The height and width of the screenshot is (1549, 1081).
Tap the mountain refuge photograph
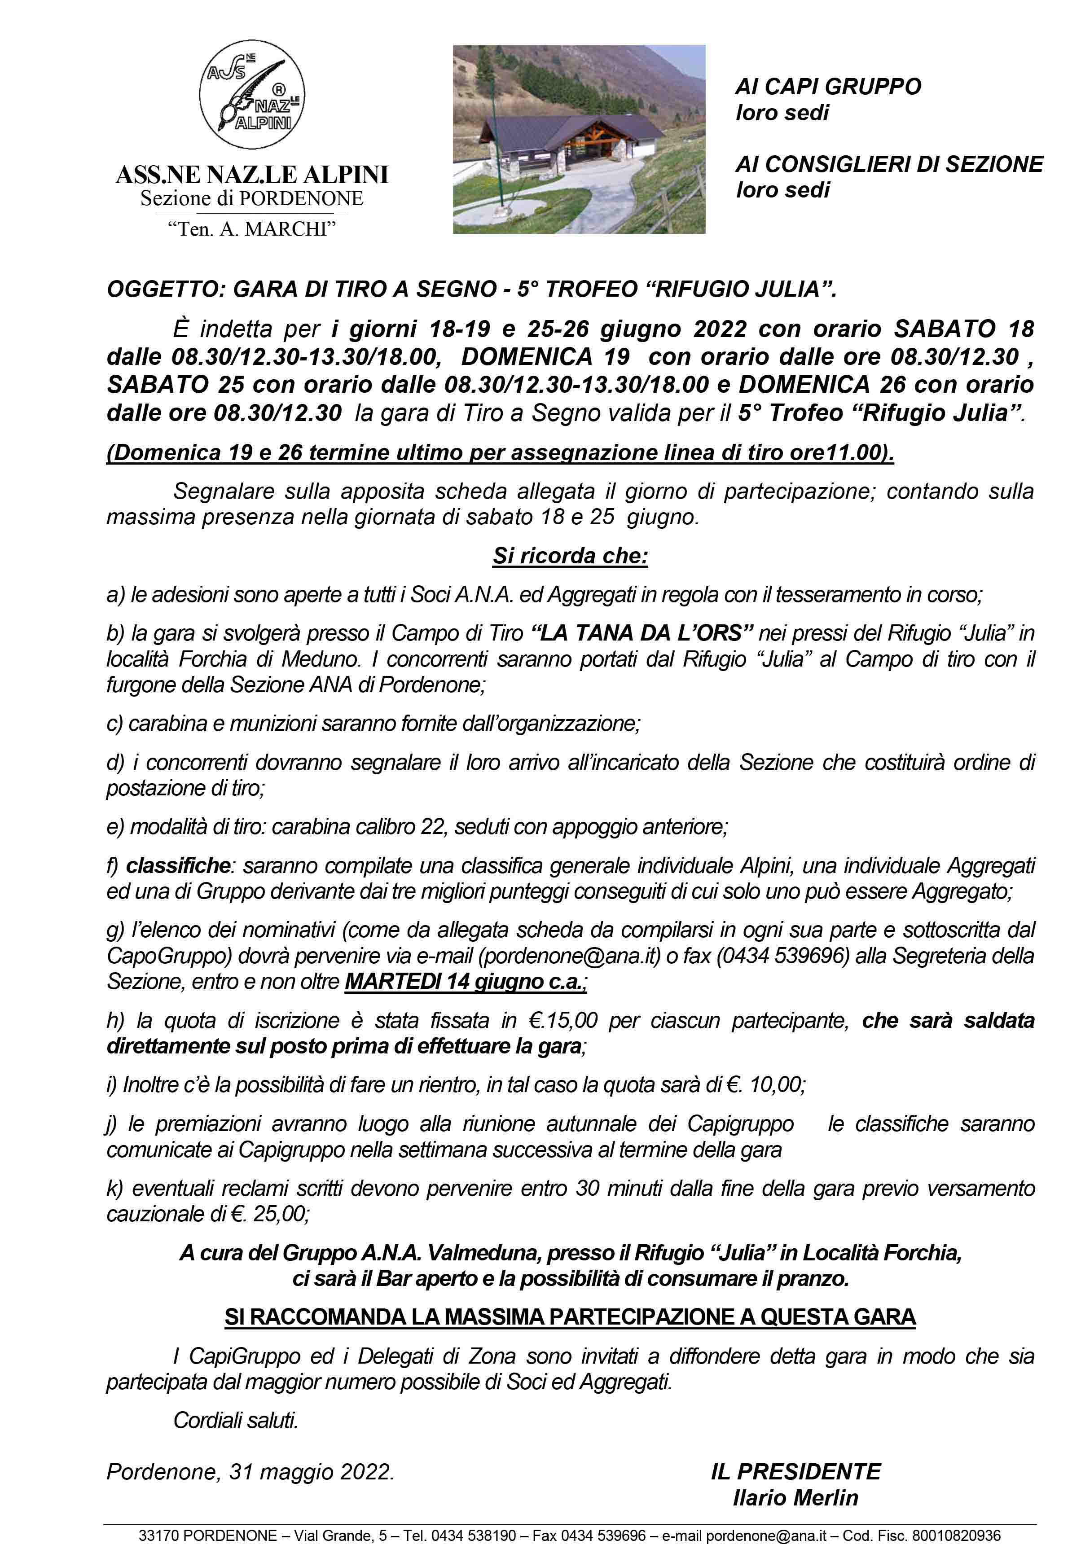578,139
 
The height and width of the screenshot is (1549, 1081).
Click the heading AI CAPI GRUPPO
827,86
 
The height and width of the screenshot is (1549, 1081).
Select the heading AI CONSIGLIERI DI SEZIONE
889,164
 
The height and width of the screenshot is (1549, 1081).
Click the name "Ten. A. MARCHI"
252,229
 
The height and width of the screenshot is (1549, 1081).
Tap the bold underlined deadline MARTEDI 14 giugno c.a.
465,982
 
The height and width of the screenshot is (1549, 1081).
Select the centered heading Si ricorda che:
570,556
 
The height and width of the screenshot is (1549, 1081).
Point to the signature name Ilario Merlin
795,1498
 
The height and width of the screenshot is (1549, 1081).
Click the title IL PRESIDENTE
795,1471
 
